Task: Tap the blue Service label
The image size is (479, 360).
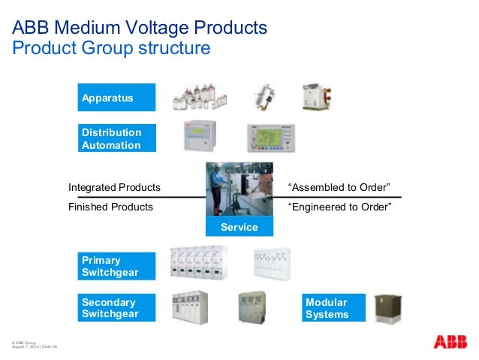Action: pyautogui.click(x=239, y=227)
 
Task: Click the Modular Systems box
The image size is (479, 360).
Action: pyautogui.click(x=333, y=308)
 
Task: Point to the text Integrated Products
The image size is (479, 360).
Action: pyautogui.click(x=114, y=186)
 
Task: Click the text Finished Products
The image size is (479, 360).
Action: pyautogui.click(x=110, y=207)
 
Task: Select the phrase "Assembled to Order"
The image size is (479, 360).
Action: pyautogui.click(x=339, y=186)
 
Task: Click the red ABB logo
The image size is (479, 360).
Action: pyautogui.click(x=450, y=342)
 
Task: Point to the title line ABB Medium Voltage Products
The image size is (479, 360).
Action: pyautogui.click(x=140, y=29)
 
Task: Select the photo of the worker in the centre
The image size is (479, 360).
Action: pyautogui.click(x=239, y=190)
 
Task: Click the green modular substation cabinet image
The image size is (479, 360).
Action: pyautogui.click(x=390, y=308)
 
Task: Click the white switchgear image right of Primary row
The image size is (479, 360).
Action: pyautogui.click(x=272, y=265)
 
